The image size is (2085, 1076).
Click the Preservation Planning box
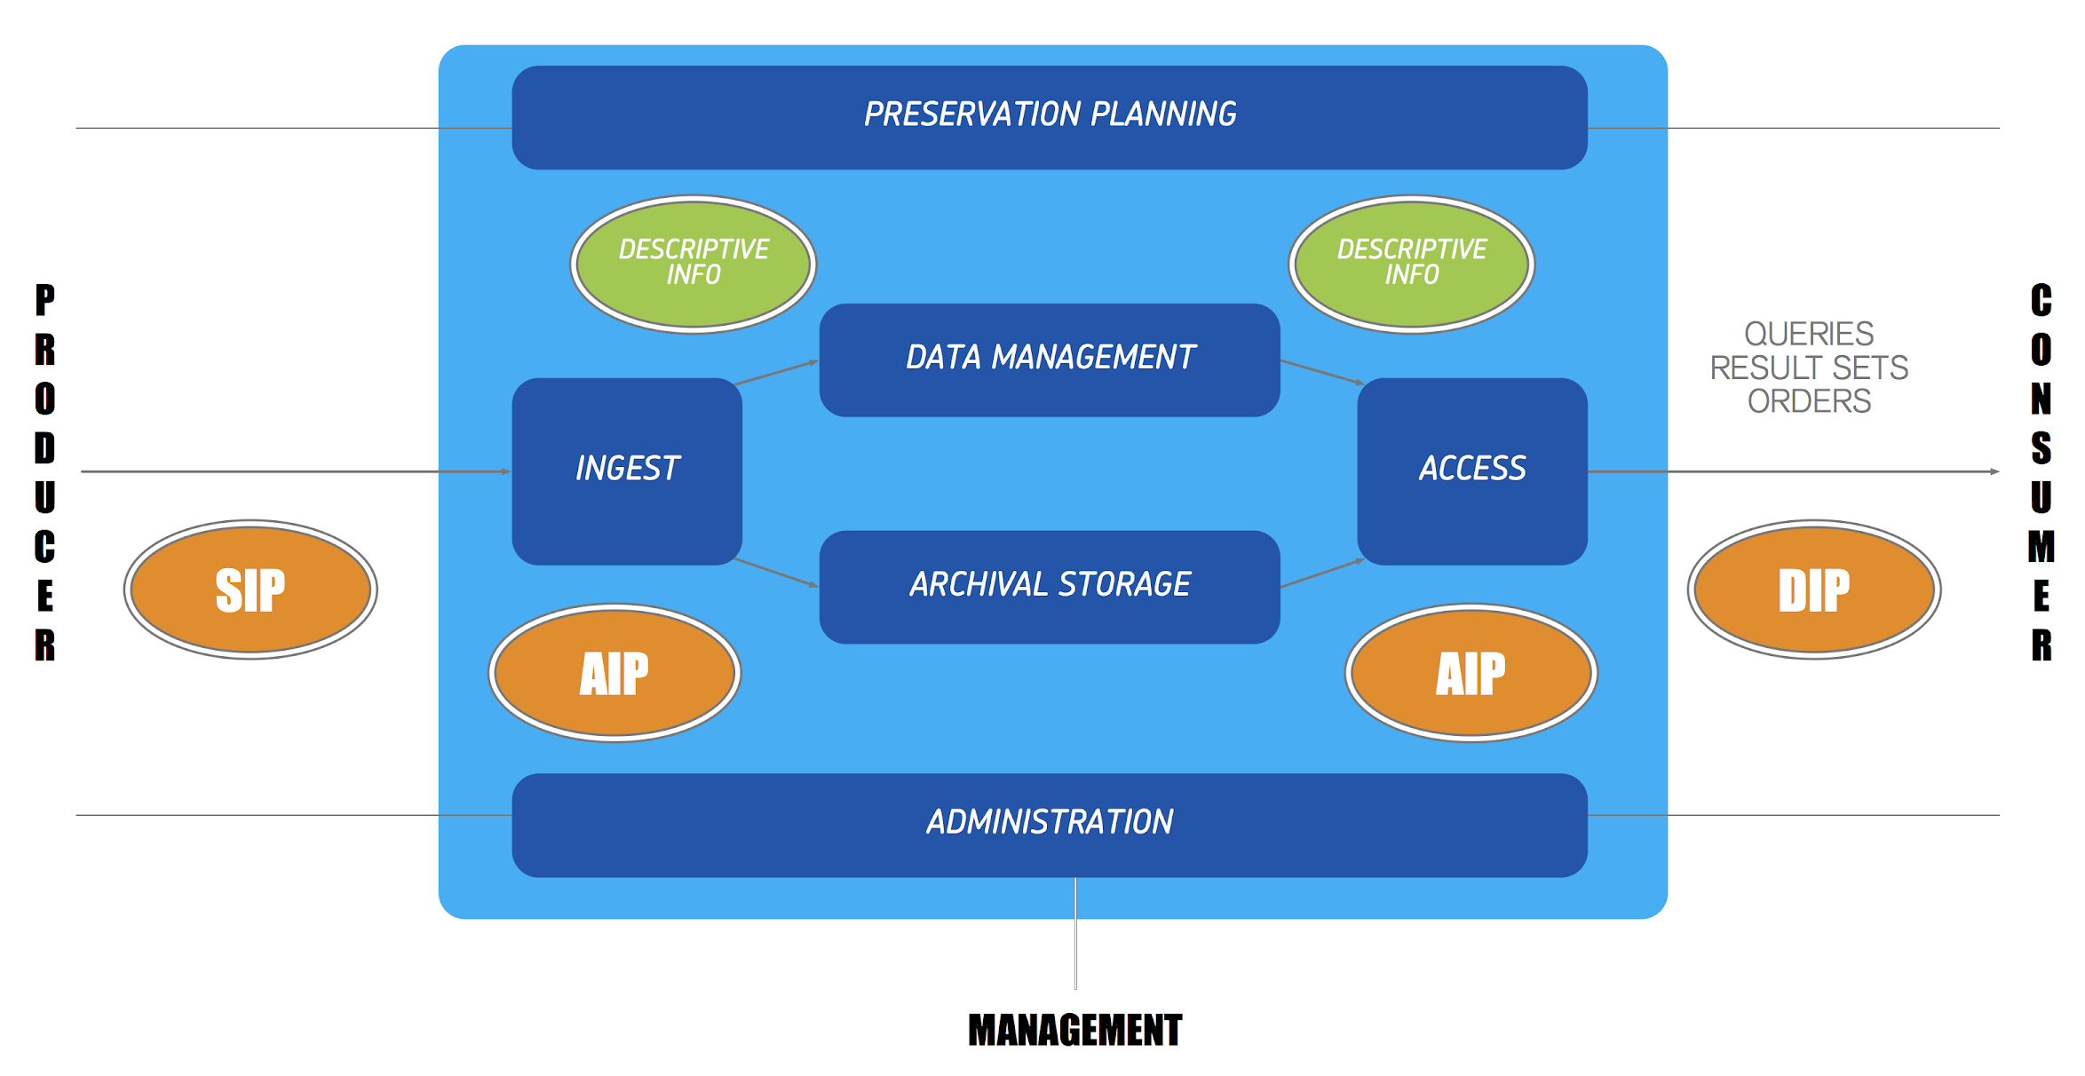pos(1050,117)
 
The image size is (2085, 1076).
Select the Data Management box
pos(1050,360)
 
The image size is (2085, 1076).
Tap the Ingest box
pos(627,471)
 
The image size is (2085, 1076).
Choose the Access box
pos(1472,471)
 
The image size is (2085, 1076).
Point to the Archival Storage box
pos(1050,587)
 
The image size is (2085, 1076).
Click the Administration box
pos(1050,825)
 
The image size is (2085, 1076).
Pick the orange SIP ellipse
pos(250,589)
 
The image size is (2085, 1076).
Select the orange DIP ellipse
pos(1814,589)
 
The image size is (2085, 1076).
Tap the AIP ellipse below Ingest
pos(614,673)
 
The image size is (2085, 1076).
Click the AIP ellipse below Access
pos(1471,673)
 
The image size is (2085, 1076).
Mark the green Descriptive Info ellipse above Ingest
pos(694,264)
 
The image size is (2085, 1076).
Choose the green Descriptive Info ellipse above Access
pos(1412,264)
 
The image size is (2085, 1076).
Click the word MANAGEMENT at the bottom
pos(1074,1031)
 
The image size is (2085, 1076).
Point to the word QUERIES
pos(1809,335)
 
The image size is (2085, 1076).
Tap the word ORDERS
pos(1809,402)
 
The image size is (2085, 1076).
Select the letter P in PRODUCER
pos(45,300)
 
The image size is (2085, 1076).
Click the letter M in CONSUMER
pos(2041,547)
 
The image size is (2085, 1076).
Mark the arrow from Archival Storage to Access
pos(1321,574)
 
